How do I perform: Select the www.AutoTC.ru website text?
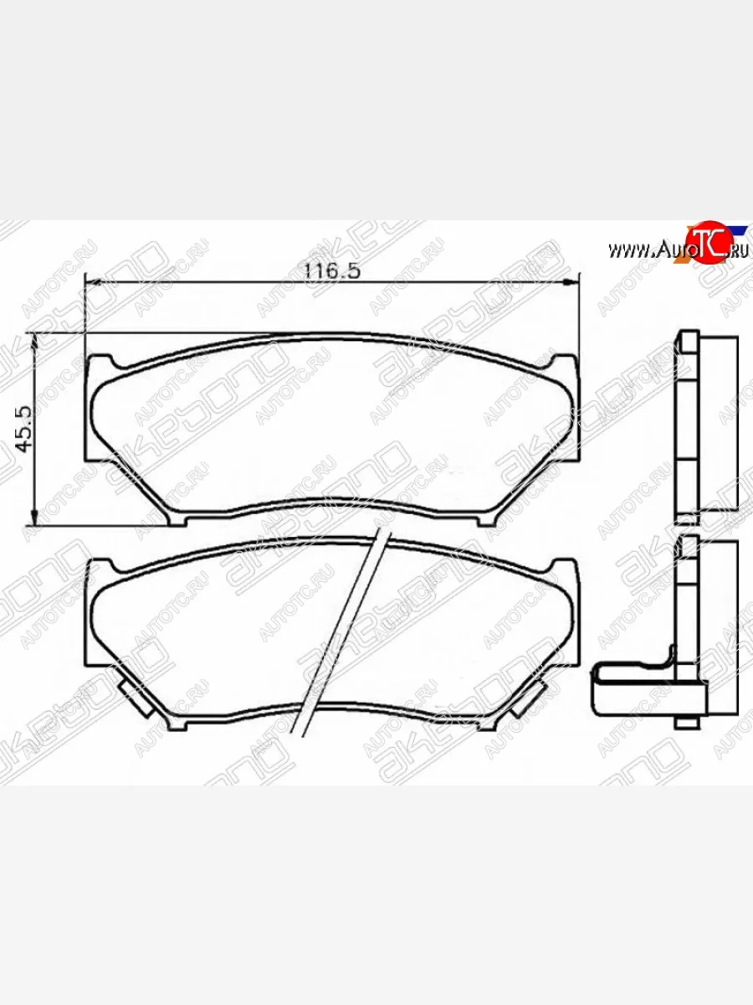pyautogui.click(x=676, y=249)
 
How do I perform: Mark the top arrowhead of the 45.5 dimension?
pyautogui.click(x=34, y=339)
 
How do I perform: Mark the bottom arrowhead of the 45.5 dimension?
pyautogui.click(x=34, y=515)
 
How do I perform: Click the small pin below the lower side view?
pyautogui.click(x=684, y=722)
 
